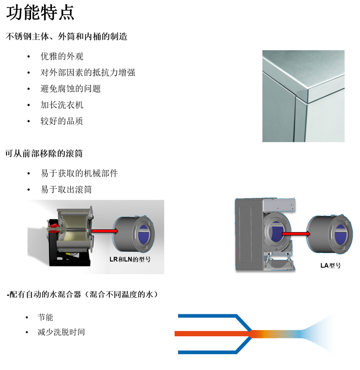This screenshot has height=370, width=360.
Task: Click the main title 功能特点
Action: click(x=40, y=13)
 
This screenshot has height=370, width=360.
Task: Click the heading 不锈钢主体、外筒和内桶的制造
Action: click(x=67, y=36)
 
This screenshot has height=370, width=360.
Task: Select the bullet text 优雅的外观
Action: click(x=62, y=57)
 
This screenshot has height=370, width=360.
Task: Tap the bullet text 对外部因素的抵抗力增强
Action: click(x=87, y=73)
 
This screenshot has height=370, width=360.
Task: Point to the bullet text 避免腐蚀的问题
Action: click(x=71, y=89)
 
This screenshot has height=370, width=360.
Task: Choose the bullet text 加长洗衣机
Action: click(x=62, y=105)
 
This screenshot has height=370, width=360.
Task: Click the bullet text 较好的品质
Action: click(x=62, y=121)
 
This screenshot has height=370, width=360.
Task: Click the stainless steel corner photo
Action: click(x=303, y=96)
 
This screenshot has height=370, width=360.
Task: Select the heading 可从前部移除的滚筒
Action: click(x=44, y=154)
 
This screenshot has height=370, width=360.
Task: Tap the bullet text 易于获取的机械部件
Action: click(x=79, y=173)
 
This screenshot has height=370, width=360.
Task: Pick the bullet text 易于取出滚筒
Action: click(x=66, y=189)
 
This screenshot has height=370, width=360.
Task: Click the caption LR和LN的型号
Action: click(x=130, y=259)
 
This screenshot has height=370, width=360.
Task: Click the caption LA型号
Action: click(x=330, y=266)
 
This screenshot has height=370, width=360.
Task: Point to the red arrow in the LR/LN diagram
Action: click(x=105, y=231)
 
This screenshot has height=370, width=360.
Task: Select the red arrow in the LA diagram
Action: click(x=296, y=234)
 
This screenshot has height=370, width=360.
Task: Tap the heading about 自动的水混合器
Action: click(x=82, y=294)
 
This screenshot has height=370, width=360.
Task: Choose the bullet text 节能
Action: click(x=46, y=317)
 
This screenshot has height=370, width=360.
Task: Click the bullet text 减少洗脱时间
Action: click(x=62, y=332)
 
